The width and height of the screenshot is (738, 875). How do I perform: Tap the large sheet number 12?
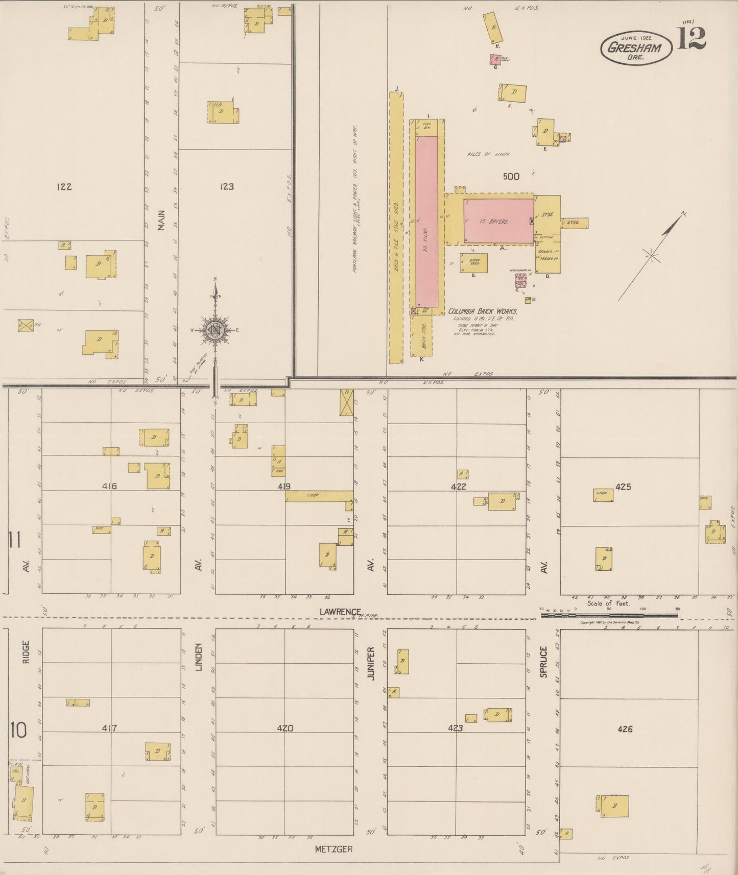(x=692, y=39)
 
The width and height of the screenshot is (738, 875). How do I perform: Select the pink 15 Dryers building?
(x=498, y=221)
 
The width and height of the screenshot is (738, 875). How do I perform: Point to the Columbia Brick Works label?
(x=483, y=311)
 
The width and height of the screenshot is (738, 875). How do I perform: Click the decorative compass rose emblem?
(x=216, y=330)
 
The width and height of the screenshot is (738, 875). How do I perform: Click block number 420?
(x=284, y=728)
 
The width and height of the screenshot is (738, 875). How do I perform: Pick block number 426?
(x=625, y=729)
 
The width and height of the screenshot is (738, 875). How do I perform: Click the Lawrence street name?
(x=340, y=612)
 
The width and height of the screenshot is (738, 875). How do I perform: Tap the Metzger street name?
(x=334, y=849)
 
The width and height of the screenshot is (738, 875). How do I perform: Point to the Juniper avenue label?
(x=371, y=662)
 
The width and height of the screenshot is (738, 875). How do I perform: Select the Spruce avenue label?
(x=543, y=662)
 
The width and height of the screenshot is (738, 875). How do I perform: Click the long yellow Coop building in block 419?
(x=318, y=496)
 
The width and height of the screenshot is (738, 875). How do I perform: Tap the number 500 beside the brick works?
(x=511, y=177)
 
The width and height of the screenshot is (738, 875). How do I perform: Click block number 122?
(x=64, y=187)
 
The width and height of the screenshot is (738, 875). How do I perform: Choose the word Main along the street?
(x=161, y=221)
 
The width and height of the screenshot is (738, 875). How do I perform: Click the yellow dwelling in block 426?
(x=614, y=807)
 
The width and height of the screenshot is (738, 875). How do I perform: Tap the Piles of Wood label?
(x=487, y=154)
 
